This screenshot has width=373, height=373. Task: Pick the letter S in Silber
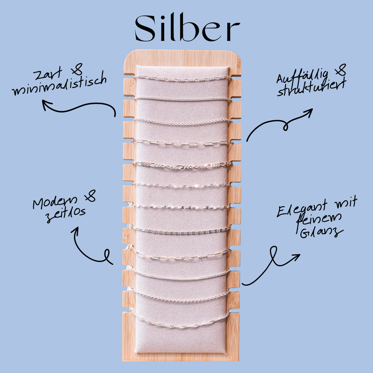pyautogui.click(x=146, y=28)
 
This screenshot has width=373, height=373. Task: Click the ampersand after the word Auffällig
pyautogui.click(x=340, y=70)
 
